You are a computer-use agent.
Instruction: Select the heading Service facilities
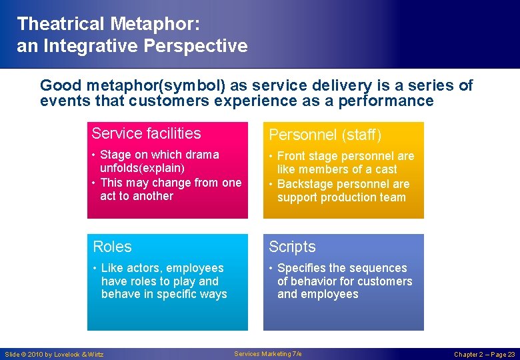coord(146,133)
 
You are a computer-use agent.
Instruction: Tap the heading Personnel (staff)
coord(325,135)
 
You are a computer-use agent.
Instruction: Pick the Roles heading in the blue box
coord(112,247)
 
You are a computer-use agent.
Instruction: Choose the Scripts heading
coord(292,247)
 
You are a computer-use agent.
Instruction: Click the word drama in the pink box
coord(202,155)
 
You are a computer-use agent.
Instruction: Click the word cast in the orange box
coord(385,169)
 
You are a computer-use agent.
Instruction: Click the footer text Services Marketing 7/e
coord(268,354)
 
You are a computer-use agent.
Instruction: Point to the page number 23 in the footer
coord(511,355)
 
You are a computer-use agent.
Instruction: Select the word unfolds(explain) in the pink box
coord(142,169)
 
